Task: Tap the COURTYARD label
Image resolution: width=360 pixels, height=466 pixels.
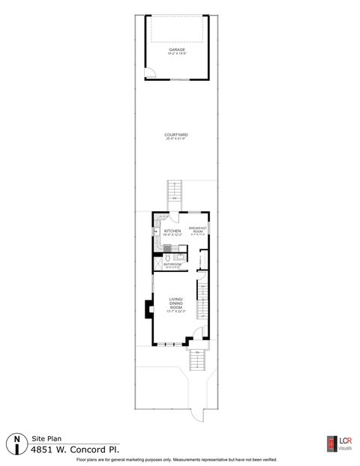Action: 175,136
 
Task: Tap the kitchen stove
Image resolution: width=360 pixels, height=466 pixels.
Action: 169,248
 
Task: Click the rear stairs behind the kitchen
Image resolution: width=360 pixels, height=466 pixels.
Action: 174,191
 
